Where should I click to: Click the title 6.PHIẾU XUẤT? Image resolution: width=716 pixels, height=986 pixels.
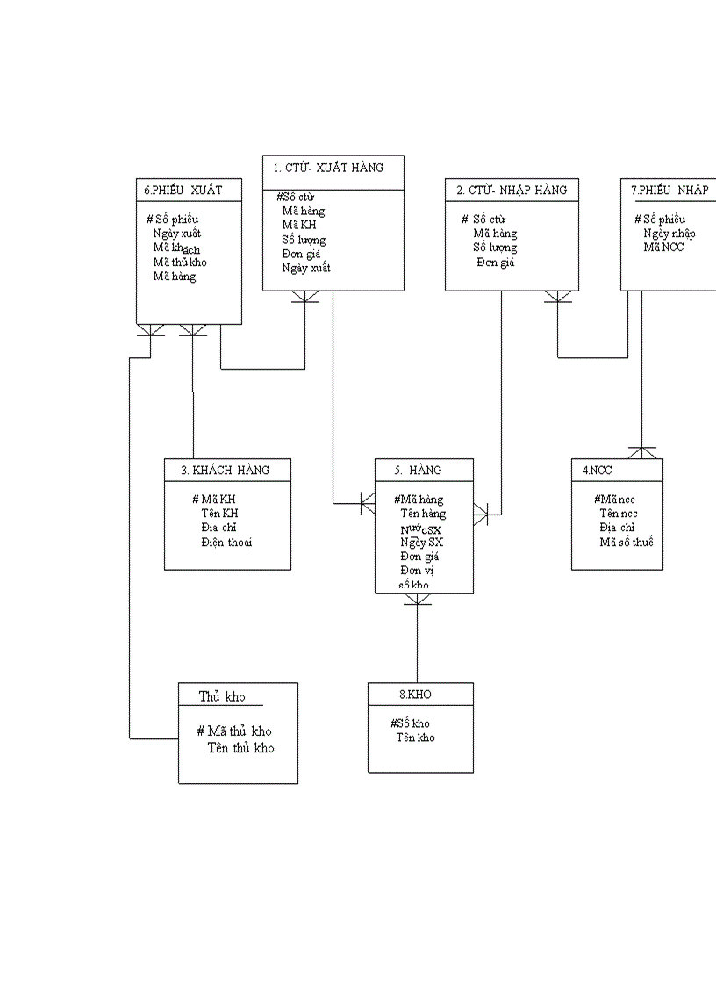pyautogui.click(x=183, y=190)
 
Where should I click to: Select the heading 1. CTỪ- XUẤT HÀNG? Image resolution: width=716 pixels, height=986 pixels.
pyautogui.click(x=327, y=168)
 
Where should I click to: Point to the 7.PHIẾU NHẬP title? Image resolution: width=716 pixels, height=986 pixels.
pyautogui.click(x=669, y=190)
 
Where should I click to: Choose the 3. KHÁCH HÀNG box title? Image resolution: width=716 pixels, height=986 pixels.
pyautogui.click(x=226, y=471)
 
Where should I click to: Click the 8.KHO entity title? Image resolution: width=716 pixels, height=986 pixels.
pyautogui.click(x=415, y=695)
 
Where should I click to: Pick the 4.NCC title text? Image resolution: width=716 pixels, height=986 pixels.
pyautogui.click(x=597, y=471)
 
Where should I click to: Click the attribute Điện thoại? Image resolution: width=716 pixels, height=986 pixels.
pyautogui.click(x=226, y=543)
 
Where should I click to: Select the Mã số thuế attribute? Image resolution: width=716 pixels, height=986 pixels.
pyautogui.click(x=626, y=542)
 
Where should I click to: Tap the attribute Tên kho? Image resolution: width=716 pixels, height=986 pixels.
pyautogui.click(x=415, y=738)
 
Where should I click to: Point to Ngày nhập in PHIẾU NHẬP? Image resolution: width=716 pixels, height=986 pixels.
pyautogui.click(x=669, y=234)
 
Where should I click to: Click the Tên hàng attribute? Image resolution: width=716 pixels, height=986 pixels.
pyautogui.click(x=423, y=514)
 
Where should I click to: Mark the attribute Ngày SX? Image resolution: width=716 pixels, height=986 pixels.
pyautogui.click(x=421, y=543)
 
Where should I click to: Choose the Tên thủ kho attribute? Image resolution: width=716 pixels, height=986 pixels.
pyautogui.click(x=240, y=748)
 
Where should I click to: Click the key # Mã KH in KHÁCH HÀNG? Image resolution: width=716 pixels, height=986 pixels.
pyautogui.click(x=214, y=500)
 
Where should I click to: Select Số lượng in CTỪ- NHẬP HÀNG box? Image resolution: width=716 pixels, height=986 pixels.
pyautogui.click(x=495, y=248)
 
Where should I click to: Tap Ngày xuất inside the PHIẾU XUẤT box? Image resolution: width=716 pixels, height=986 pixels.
pyautogui.click(x=176, y=234)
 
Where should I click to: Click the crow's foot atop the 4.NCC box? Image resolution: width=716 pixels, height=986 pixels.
pyautogui.click(x=642, y=452)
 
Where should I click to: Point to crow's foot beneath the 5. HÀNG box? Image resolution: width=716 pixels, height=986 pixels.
pyautogui.click(x=418, y=600)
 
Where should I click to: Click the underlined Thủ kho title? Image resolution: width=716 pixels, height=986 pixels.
pyautogui.click(x=222, y=697)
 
